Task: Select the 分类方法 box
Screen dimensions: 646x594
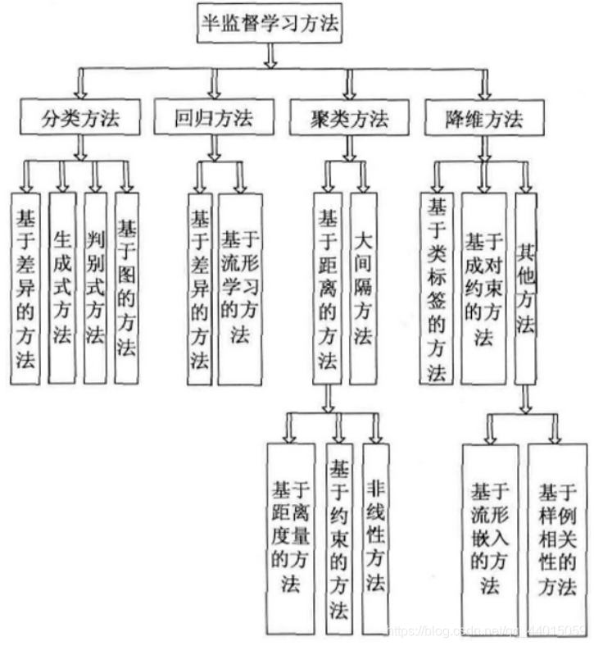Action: tap(80, 118)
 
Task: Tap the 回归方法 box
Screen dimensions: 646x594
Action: tap(214, 118)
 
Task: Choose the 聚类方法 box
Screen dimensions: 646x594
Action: tap(350, 118)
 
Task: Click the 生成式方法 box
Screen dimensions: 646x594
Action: tap(62, 287)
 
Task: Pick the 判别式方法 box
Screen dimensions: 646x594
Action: tap(95, 287)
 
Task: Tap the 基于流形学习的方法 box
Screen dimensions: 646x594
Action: tap(240, 287)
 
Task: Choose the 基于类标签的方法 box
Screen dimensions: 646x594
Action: tap(436, 287)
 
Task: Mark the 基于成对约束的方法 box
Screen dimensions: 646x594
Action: tap(483, 287)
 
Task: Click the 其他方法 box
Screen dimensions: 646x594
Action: tap(526, 287)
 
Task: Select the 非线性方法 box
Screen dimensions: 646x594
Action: tap(376, 537)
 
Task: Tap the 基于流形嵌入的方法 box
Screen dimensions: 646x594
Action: tap(490, 537)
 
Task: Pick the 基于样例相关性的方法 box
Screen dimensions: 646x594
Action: tap(557, 537)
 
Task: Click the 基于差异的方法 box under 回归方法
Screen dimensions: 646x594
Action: tap(199, 287)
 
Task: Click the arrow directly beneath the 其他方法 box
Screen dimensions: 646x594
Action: tap(527, 397)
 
